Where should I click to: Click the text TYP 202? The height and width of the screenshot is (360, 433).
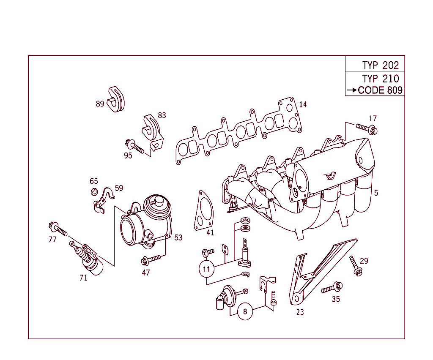pos(380,65)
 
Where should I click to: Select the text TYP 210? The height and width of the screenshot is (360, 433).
pos(380,79)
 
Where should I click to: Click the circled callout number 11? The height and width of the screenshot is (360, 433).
pos(206,269)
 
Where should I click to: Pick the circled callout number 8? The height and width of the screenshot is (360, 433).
pos(245,312)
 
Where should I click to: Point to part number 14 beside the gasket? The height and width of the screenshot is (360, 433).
pos(303,104)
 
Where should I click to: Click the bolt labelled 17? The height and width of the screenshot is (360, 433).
pos(366,128)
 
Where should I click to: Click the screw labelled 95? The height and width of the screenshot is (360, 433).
pos(135,146)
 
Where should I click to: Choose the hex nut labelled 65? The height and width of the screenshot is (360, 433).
pos(94,191)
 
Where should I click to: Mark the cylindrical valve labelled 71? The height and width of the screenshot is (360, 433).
pos(90,259)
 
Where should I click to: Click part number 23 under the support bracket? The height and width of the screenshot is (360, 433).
pos(300,313)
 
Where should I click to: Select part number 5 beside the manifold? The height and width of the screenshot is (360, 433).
pos(376,193)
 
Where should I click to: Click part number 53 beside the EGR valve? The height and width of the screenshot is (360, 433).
pos(178,237)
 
